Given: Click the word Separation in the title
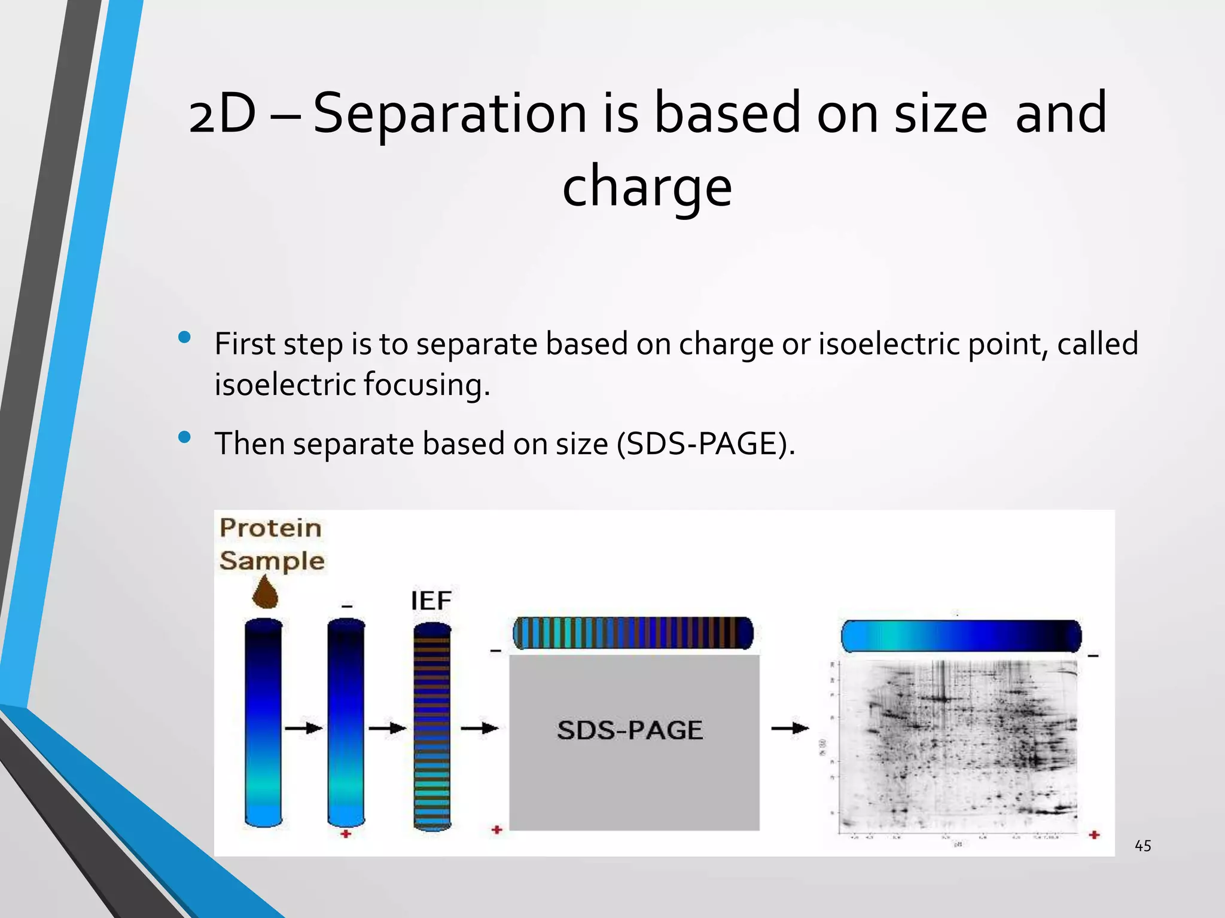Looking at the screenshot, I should coord(450,114).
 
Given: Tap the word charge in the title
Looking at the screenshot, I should coord(647,186).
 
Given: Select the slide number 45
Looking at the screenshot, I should coord(1142,846).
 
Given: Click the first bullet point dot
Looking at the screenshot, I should coord(184,338).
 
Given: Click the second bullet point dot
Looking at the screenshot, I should coord(184,437).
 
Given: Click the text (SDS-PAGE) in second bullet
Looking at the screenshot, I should coord(706,443).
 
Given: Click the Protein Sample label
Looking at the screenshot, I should coord(271,544).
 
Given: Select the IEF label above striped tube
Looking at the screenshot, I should coord(431,601).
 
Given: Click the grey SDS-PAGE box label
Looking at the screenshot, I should coord(630,730).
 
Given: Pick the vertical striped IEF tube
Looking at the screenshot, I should coord(432,726).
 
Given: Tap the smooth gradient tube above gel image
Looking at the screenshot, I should coord(961,636).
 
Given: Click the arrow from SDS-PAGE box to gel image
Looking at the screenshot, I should coord(790,729).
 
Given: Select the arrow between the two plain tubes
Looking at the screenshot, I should coord(303,728).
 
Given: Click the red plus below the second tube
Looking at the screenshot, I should coord(346,834).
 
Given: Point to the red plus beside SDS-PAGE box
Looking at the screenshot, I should coord(496,830).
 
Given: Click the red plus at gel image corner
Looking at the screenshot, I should coord(1094,834).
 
